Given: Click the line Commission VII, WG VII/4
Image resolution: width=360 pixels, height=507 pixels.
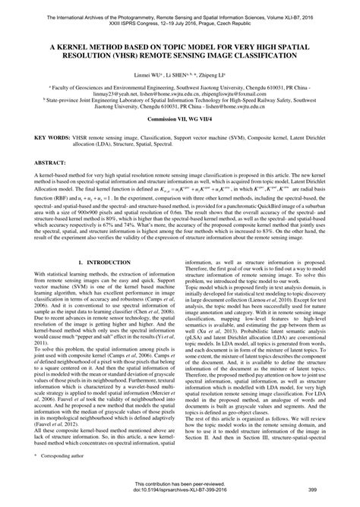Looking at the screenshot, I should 179,119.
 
